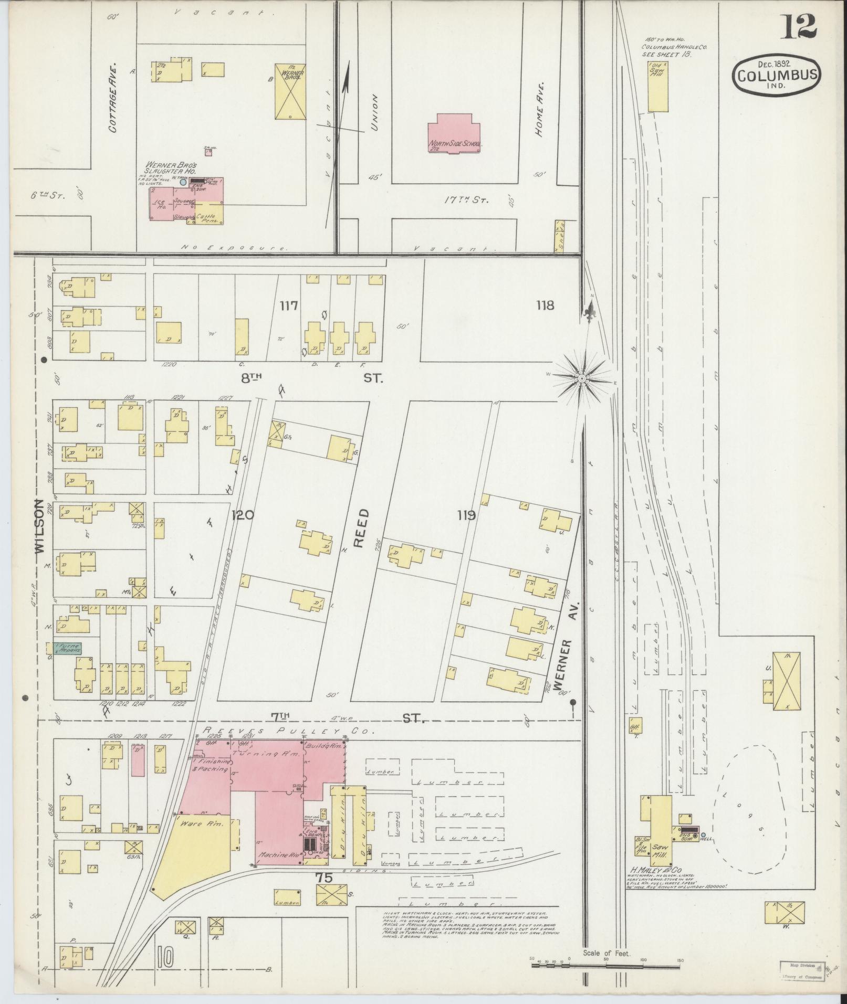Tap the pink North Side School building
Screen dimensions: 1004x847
(x=455, y=135)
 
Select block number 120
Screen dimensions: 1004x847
(x=243, y=515)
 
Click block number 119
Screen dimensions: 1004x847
(x=466, y=515)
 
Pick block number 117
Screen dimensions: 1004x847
(x=289, y=305)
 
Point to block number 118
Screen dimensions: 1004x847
(x=545, y=305)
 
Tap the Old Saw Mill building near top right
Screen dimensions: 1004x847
(x=657, y=86)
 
